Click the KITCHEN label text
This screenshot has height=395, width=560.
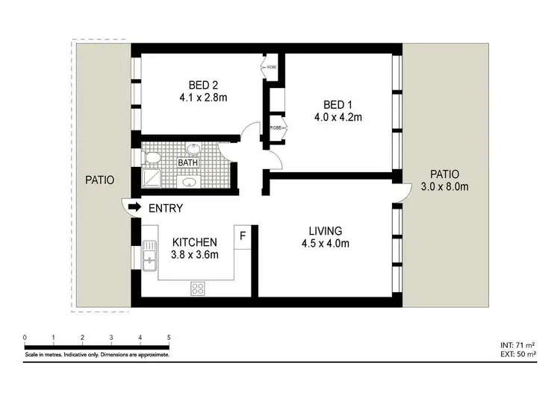[195, 242]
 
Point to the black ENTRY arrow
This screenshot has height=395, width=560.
[135, 206]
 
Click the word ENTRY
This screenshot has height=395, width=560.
[166, 209]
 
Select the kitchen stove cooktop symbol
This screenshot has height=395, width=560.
[199, 287]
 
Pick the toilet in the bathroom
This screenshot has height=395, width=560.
[151, 157]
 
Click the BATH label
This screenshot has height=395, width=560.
[187, 162]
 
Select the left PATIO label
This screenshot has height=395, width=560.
[99, 180]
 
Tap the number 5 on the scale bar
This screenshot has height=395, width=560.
[169, 338]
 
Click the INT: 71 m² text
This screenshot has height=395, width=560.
[517, 345]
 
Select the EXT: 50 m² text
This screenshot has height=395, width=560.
[517, 354]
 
